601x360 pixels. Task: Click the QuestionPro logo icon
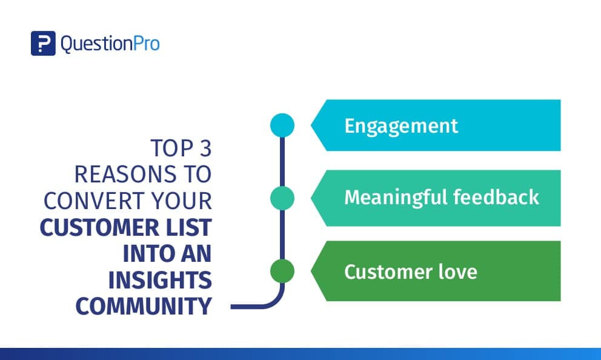[43, 43]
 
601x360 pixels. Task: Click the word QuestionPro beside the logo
[110, 44]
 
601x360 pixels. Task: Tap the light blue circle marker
[282, 125]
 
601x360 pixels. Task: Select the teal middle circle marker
[282, 198]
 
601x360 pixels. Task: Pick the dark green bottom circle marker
[282, 271]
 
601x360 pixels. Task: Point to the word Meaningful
[396, 198]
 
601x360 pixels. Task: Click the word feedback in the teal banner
[496, 197]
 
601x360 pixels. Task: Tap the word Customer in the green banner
[388, 272]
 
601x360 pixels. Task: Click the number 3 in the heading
[205, 148]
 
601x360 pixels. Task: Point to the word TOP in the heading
[171, 148]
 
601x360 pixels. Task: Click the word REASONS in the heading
[125, 175]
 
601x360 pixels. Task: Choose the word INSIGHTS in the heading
[160, 280]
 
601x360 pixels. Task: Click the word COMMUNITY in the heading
[144, 306]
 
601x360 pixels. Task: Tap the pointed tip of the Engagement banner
[311, 125]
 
